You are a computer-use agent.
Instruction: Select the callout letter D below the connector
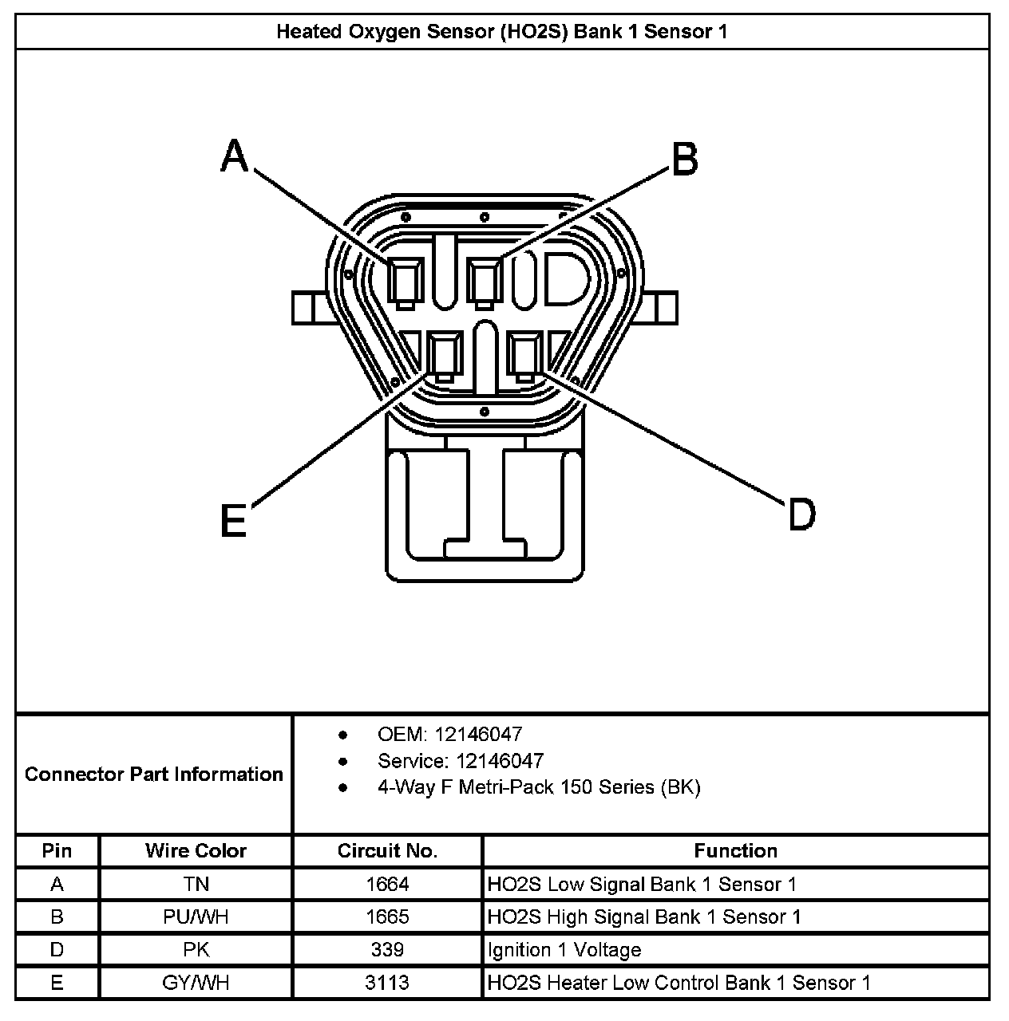(x=801, y=514)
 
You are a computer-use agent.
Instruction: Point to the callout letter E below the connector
(x=233, y=522)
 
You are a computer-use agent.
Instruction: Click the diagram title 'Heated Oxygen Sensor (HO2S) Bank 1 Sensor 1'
(x=502, y=32)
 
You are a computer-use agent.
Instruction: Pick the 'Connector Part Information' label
(x=154, y=775)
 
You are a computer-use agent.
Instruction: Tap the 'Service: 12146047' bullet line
(x=460, y=761)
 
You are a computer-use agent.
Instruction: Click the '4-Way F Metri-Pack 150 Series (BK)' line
(x=539, y=787)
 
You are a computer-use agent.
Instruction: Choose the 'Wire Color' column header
(x=196, y=851)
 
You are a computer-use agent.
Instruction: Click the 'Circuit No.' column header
(x=387, y=851)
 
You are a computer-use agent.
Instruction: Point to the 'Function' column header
(x=735, y=851)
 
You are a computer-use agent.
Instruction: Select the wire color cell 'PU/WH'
(x=196, y=917)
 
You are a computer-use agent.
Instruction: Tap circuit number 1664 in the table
(x=387, y=885)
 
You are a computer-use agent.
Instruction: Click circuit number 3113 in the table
(x=387, y=983)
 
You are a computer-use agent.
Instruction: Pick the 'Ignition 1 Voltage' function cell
(x=564, y=950)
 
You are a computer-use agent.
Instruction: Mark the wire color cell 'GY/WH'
(x=196, y=983)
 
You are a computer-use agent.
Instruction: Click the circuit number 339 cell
(x=387, y=950)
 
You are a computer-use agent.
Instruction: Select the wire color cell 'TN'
(x=196, y=885)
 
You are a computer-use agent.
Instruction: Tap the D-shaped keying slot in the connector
(x=565, y=280)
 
